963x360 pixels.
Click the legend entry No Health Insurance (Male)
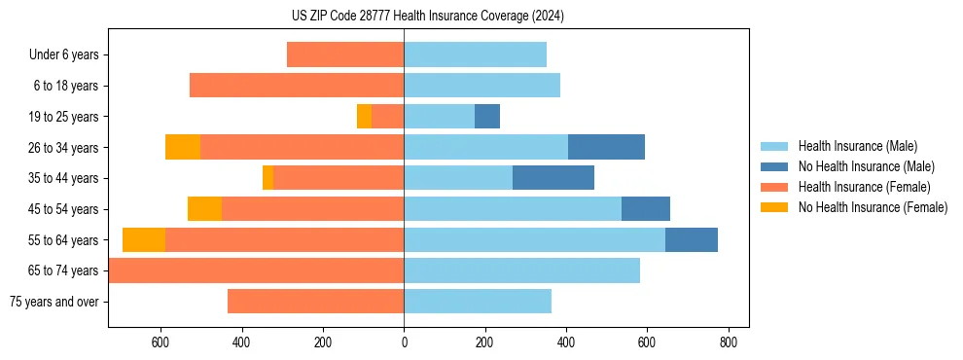pos(866,166)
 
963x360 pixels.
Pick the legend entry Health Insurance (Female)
pos(864,187)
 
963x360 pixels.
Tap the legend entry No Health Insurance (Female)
pos(873,207)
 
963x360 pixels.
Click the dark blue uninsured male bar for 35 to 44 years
pos(553,178)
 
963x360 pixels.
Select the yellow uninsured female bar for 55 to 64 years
pos(144,239)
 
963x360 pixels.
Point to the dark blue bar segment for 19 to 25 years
pos(486,117)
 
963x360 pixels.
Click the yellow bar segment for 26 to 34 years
pos(183,147)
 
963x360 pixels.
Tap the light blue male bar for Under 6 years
pos(475,54)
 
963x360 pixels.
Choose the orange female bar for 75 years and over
pos(315,302)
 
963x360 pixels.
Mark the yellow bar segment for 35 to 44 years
pos(267,178)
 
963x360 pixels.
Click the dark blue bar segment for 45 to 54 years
pos(645,209)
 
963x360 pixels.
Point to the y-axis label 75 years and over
pos(54,302)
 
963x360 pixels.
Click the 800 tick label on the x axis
pos(729,342)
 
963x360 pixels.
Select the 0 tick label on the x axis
pos(404,342)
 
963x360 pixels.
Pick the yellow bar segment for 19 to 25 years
pos(364,117)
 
